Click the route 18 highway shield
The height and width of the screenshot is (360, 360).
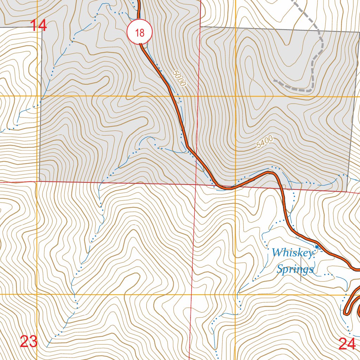point(140,33)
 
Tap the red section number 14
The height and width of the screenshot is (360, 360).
point(38,26)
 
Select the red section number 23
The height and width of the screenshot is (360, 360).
point(29,341)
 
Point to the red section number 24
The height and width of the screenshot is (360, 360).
point(347,343)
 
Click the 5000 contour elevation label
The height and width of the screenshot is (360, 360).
point(179,78)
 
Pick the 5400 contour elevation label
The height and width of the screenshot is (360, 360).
point(265,142)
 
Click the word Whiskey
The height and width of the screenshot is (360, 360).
point(292,253)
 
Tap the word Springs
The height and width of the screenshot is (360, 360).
point(295,270)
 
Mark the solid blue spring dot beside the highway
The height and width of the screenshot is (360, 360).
point(317,247)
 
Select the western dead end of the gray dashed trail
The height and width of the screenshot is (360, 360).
point(275,81)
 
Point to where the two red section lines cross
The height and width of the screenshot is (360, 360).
point(196,184)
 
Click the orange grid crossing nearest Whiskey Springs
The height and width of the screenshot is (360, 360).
point(235,294)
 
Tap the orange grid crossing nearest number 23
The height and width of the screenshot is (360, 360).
point(37,294)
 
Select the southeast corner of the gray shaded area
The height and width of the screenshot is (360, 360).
point(347,191)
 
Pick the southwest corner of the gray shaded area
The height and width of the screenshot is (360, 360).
point(39,182)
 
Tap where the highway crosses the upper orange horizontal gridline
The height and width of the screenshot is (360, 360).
point(174,96)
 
